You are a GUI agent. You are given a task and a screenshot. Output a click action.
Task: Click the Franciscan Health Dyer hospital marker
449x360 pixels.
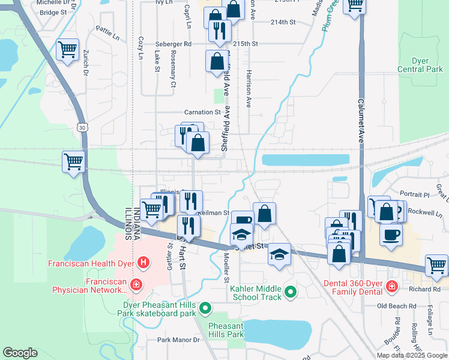click(x=143, y=262)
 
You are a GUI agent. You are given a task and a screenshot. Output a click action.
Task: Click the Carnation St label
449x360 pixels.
click(x=202, y=112)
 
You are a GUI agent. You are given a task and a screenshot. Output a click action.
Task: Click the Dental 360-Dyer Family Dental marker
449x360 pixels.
click(x=392, y=287)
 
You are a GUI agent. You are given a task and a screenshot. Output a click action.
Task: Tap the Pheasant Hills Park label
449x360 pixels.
click(x=226, y=330)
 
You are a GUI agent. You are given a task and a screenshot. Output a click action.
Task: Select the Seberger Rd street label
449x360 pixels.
click(x=173, y=44)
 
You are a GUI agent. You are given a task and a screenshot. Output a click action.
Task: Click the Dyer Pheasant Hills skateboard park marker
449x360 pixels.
click(x=205, y=308)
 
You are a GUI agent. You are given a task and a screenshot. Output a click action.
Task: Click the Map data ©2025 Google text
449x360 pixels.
click(x=412, y=355)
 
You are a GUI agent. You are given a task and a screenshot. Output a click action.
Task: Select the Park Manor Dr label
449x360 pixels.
click(x=178, y=340)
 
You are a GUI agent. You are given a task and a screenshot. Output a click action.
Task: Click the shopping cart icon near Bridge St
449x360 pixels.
click(x=68, y=50)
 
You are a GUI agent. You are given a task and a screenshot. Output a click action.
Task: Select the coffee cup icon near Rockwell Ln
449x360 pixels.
click(x=391, y=235)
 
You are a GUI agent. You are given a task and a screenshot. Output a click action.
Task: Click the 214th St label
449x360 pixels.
click(x=283, y=22)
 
